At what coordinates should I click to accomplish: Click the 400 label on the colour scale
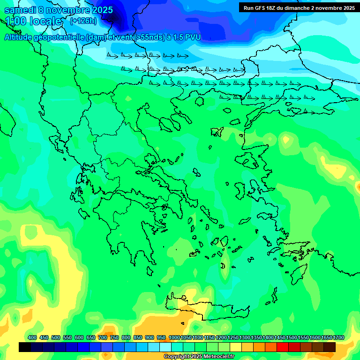tap(32, 337)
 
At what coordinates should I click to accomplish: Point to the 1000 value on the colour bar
tap(174, 337)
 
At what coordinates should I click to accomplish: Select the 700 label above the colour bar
tap(103, 337)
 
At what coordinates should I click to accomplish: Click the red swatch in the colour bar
tap(283, 347)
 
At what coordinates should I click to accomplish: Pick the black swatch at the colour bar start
tap(25, 347)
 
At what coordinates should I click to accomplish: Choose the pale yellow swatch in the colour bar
tap(236, 347)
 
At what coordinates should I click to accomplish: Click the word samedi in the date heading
tap(19, 9)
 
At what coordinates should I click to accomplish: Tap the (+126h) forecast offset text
tap(83, 21)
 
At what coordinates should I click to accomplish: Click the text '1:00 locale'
tap(34, 22)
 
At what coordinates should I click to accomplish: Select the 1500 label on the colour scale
tap(292, 337)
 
